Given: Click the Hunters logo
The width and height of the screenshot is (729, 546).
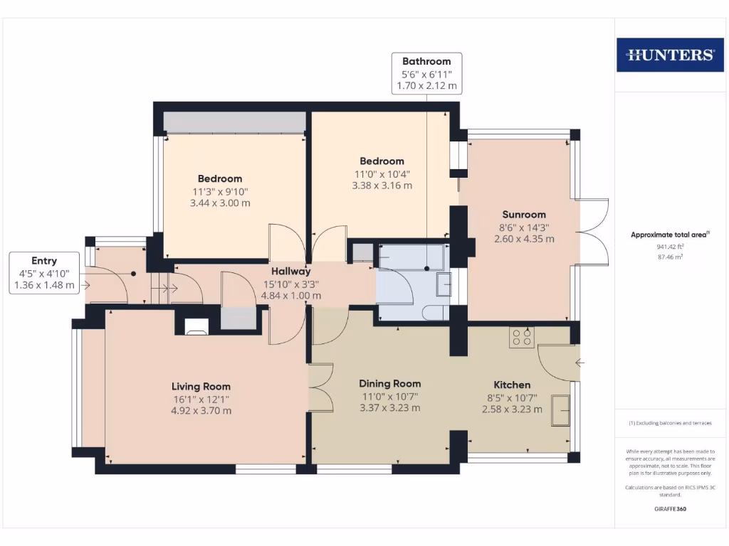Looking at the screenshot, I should click(x=670, y=55).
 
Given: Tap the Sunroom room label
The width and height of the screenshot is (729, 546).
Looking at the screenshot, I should click(x=524, y=215).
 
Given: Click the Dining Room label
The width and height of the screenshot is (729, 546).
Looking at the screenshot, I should click(x=389, y=383).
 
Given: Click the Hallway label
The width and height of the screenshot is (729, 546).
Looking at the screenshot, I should click(x=290, y=271).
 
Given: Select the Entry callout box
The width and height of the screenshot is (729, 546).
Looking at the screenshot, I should click(x=44, y=273).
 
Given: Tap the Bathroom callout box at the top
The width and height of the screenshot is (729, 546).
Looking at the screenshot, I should click(x=426, y=73).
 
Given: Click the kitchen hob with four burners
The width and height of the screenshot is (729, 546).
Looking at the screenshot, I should click(x=522, y=337).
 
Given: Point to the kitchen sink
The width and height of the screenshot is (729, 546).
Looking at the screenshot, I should click(x=560, y=410).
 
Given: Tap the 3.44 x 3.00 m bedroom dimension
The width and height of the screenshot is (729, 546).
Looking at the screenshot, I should click(x=220, y=203).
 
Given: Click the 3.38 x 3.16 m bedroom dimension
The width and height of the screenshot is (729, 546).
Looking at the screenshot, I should click(x=382, y=186).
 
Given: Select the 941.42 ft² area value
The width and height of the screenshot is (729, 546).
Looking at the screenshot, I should click(x=670, y=247).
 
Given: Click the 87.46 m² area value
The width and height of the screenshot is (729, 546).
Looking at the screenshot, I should click(x=670, y=257).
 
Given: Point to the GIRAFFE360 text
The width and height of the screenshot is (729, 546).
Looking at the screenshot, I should click(x=670, y=509).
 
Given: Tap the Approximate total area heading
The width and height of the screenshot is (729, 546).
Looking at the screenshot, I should click(x=668, y=235).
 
